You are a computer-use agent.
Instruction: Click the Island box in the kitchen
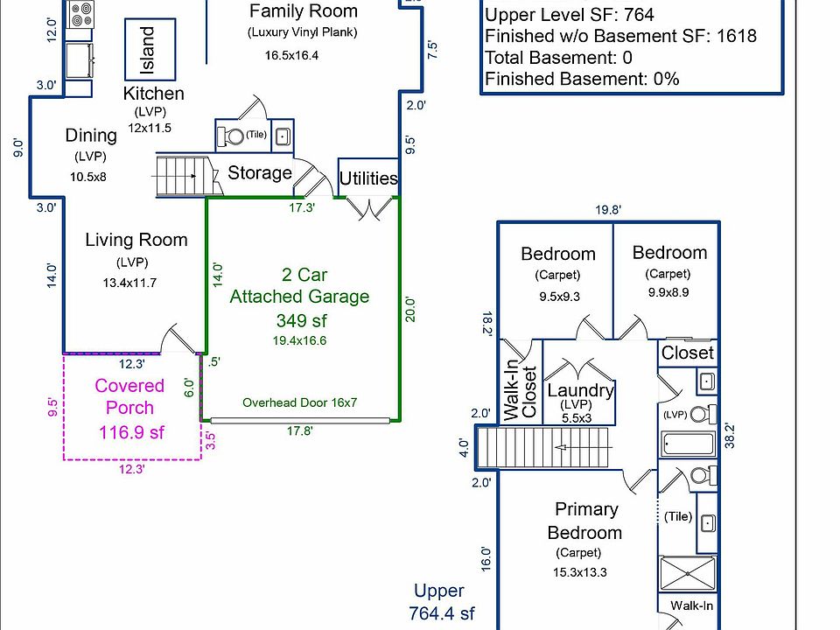pos(150,50)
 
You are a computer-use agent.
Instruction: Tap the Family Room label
pos(304,11)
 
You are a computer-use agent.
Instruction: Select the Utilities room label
pos(368,178)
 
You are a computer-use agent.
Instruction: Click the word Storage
pos(260,172)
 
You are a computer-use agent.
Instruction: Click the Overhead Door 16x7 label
pos(300,403)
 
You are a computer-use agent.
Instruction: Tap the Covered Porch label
pos(129,396)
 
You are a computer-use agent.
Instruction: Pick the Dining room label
pos(91,135)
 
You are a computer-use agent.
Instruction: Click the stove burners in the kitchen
pos(82,13)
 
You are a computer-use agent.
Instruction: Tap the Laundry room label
pos(580,390)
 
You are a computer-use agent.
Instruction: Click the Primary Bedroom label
pos(585,521)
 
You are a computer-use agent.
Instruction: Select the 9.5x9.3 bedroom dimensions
pos(558,296)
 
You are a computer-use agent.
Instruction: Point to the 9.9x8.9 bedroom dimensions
pos(669,293)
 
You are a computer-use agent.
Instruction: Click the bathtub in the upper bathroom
pos(689,445)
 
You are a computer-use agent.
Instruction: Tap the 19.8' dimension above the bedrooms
pos(607,210)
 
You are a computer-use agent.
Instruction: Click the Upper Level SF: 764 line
pos(569,15)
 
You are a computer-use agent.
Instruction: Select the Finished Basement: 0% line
pos(582,79)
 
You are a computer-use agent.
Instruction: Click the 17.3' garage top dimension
pos(303,209)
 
